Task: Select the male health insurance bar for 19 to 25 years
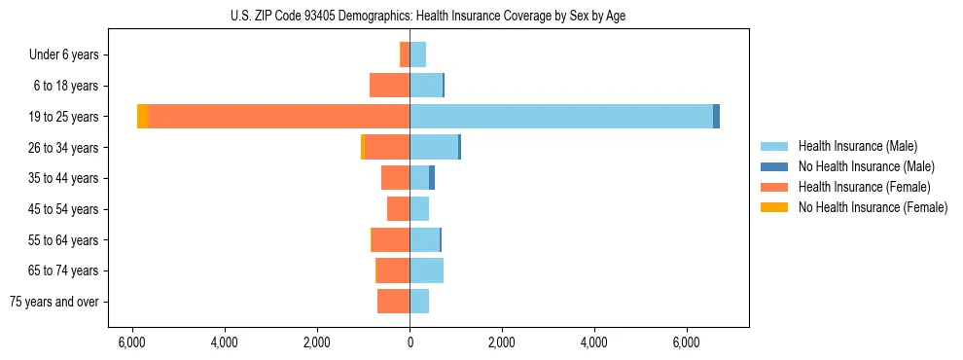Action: coord(561,117)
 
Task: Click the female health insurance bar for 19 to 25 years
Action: coord(278,117)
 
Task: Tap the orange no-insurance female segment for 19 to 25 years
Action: coord(142,117)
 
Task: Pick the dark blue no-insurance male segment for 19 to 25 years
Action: coord(716,117)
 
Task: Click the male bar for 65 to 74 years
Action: coord(426,270)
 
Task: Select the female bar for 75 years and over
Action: coord(393,302)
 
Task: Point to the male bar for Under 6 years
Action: coord(417,55)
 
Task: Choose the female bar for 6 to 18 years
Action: coord(389,86)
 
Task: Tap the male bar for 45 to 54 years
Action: coord(419,209)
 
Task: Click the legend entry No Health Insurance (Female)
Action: coord(873,207)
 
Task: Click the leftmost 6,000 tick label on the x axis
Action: coord(131,342)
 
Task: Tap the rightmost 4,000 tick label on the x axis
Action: coord(593,342)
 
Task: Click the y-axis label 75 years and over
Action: coord(54,302)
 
